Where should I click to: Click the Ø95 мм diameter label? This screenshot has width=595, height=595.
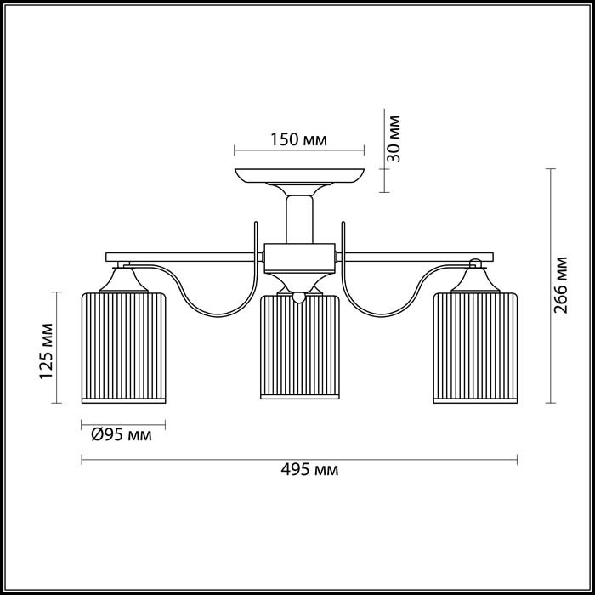pyautogui.click(x=122, y=435)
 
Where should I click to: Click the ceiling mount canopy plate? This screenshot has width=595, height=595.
pyautogui.click(x=299, y=177)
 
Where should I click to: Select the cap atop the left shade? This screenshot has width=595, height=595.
pyautogui.click(x=123, y=279)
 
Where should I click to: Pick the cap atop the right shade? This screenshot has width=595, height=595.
pyautogui.click(x=474, y=279)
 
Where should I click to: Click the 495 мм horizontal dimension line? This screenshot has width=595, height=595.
pyautogui.click(x=212, y=460)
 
